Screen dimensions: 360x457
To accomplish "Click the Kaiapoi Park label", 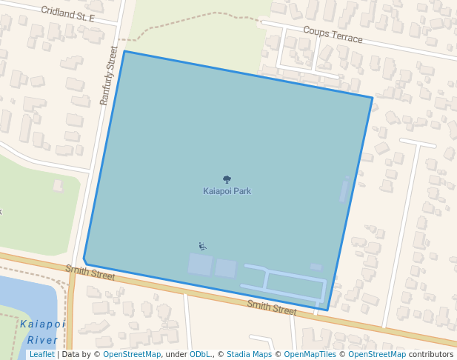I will [227, 191].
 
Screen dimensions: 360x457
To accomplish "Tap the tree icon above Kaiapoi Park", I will [227, 179].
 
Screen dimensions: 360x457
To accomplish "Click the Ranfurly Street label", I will [109, 76].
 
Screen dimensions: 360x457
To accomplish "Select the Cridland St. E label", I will [68, 13].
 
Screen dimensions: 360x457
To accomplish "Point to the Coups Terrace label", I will [333, 34].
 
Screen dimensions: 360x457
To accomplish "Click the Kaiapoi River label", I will [42, 332].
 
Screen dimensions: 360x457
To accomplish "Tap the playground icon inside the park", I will [202, 246].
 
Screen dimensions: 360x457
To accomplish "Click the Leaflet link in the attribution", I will [41, 354].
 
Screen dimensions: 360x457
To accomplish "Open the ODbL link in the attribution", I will [199, 354].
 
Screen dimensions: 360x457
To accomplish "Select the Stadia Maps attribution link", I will [249, 354].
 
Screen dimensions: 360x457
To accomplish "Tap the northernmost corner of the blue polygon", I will [124, 51].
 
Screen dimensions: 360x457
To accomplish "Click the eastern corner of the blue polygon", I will [373, 97].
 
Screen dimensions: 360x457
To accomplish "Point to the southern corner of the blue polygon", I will [327, 310].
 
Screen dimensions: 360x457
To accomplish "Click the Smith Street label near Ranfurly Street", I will [90, 273].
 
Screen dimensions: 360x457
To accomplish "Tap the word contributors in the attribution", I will [431, 354].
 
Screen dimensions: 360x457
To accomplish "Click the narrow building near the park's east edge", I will [344, 190].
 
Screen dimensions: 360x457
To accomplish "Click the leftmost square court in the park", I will [200, 264].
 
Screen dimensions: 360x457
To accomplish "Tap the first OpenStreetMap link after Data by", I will [132, 354].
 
